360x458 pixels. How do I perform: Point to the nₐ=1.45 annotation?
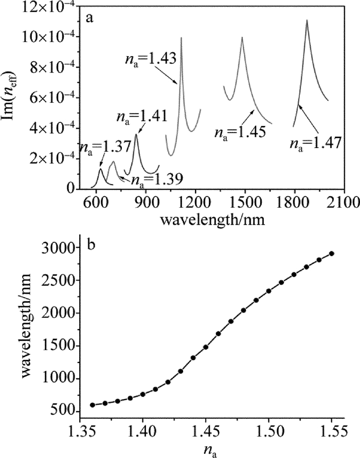coord(238,132)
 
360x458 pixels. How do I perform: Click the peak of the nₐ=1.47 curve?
coord(307,21)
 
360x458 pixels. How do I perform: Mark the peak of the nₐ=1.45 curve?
coord(242,38)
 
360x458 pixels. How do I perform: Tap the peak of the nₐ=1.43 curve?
coord(181,38)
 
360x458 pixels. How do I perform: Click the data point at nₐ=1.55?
coord(332,253)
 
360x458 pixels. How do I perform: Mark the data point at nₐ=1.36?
coord(93,405)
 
